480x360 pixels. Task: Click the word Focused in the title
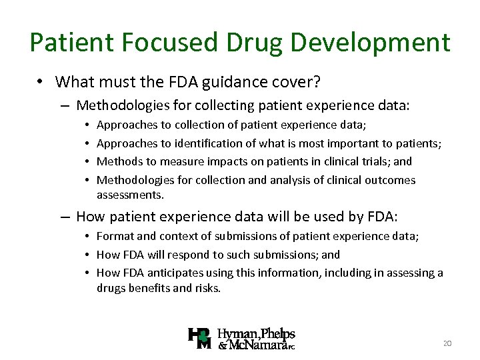click(161, 43)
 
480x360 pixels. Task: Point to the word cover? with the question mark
click(297, 82)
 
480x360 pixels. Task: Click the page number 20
click(447, 343)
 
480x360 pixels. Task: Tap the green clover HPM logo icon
click(201, 339)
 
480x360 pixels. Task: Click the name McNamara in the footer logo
click(259, 345)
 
